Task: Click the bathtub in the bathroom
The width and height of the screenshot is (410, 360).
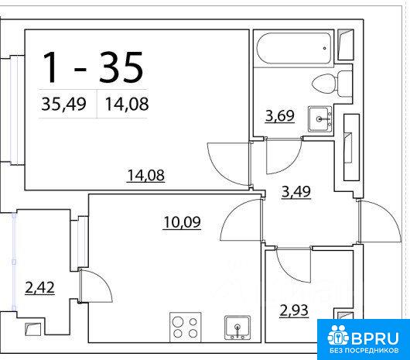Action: tap(294, 48)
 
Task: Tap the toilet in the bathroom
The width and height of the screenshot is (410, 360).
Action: tap(332, 84)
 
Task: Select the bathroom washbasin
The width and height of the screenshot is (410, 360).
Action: tap(320, 119)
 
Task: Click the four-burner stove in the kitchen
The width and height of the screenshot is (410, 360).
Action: tap(185, 327)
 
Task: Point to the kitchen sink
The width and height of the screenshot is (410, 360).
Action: tap(237, 327)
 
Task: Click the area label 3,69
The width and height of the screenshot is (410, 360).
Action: tap(280, 116)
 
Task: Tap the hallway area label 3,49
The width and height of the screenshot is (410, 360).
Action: tap(296, 192)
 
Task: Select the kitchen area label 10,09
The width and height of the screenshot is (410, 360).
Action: tap(182, 222)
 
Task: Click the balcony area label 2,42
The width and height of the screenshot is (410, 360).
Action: tap(39, 287)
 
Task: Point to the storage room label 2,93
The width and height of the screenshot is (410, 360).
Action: tap(294, 310)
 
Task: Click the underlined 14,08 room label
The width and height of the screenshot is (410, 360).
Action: tap(145, 175)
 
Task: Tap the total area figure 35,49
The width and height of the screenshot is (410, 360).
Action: tap(63, 104)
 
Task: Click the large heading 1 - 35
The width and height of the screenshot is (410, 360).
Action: tap(93, 67)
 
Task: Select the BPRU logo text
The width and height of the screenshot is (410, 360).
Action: tap(375, 338)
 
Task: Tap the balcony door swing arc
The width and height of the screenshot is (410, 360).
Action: tap(104, 282)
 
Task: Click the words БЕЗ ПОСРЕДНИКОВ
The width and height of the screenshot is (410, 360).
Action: tap(364, 351)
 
